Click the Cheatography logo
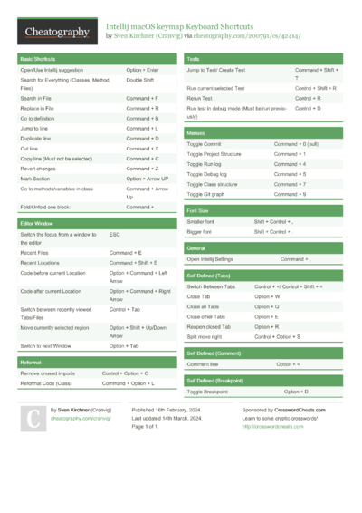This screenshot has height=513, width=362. point(57,32)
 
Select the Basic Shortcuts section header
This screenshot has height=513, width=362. point(38,58)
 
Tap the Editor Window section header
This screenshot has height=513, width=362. point(36,222)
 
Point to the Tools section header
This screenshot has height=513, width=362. point(193,58)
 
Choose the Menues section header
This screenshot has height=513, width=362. point(197,132)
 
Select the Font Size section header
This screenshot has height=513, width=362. point(199,209)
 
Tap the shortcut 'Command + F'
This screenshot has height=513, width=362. point(142,97)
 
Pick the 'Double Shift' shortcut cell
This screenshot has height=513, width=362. point(140,80)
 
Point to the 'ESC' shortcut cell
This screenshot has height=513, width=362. point(114,234)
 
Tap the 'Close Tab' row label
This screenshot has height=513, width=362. point(199,296)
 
